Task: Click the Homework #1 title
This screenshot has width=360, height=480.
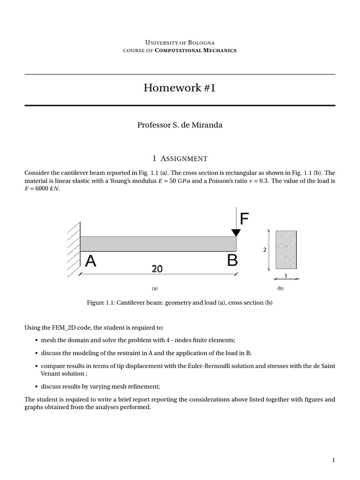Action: coord(180,88)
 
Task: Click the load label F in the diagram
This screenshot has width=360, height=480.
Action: coord(244,219)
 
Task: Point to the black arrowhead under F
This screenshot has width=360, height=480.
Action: coord(236,232)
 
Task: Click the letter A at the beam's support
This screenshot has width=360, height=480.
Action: coord(90,261)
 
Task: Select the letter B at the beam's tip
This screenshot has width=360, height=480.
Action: coord(232,260)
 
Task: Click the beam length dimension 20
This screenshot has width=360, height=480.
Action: coord(157,269)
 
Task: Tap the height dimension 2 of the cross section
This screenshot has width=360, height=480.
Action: coord(265,250)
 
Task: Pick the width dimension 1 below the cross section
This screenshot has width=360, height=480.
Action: coord(286,276)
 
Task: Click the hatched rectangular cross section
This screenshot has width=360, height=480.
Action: coord(286,249)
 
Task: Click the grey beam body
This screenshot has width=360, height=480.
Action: coord(158,244)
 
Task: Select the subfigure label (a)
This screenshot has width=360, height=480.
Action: coord(155,289)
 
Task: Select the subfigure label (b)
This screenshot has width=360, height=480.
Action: coord(280,289)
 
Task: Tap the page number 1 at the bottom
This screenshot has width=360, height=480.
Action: coord(333,460)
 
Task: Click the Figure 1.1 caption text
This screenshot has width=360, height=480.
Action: coord(180,303)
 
